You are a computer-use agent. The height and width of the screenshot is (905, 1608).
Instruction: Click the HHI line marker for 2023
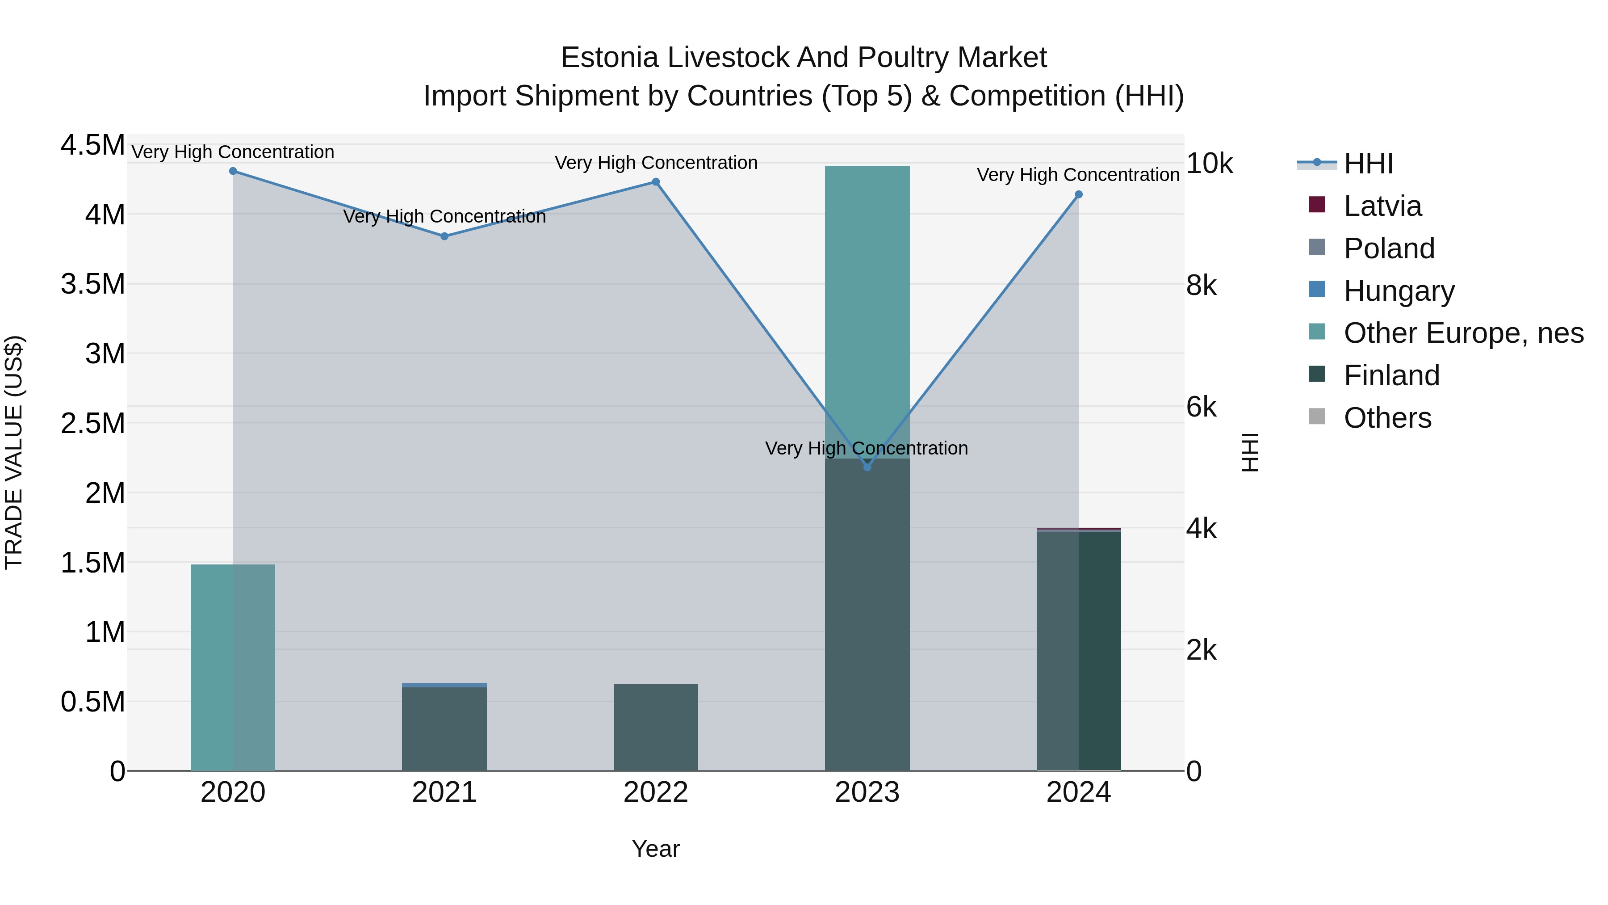(867, 467)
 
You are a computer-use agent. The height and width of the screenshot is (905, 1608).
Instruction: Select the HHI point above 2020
(233, 171)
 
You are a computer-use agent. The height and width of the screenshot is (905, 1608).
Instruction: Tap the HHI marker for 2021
(444, 236)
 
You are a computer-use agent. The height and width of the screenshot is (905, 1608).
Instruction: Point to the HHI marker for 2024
(1078, 194)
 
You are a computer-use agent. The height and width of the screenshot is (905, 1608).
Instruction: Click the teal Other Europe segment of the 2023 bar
(867, 312)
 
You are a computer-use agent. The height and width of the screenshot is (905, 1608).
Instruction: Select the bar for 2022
(655, 728)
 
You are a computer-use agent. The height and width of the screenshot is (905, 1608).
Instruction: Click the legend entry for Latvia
(1382, 206)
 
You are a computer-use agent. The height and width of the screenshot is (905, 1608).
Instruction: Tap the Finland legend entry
(1391, 375)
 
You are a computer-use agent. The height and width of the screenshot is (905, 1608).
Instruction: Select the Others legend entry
(1387, 418)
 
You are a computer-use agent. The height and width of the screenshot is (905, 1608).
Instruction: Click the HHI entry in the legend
(1368, 164)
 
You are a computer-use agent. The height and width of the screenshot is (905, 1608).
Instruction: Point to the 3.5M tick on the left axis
(92, 284)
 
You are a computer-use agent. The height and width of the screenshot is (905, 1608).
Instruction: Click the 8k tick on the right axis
(1201, 286)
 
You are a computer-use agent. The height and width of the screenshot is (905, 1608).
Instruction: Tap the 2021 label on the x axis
(444, 792)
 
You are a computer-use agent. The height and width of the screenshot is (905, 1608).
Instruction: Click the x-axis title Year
(655, 849)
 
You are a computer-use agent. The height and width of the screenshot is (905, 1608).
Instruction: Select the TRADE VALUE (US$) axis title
(14, 452)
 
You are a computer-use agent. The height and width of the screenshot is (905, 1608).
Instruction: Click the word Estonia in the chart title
(609, 58)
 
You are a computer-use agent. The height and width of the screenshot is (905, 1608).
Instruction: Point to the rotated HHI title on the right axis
(1250, 452)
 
